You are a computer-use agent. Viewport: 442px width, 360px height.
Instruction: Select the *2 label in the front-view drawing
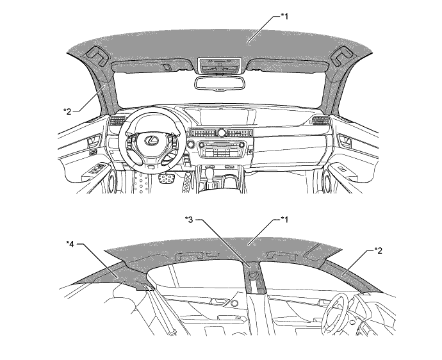(67, 111)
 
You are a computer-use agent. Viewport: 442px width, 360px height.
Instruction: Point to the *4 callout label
(71, 243)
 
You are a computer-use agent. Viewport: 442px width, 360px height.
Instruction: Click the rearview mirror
(218, 84)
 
